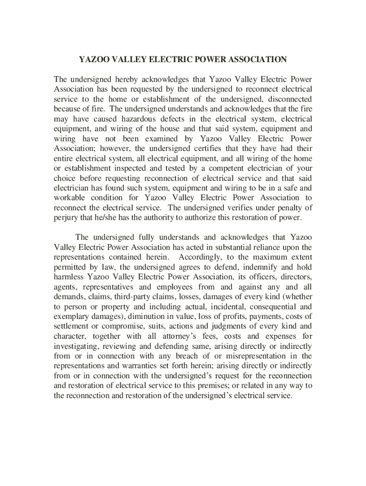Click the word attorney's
(175, 336)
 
